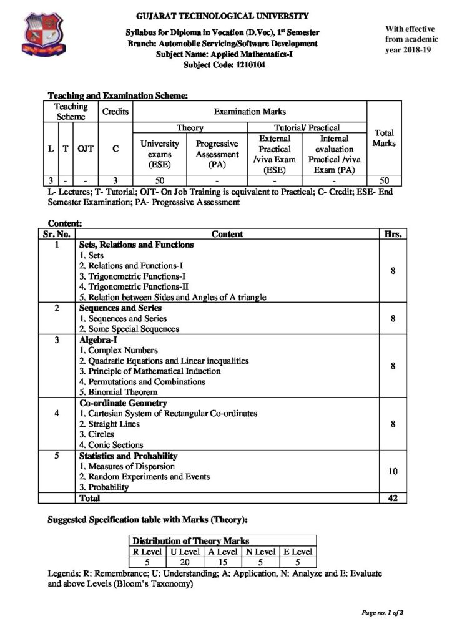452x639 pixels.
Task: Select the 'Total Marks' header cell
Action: pos(384,138)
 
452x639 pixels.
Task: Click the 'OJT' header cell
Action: pos(86,149)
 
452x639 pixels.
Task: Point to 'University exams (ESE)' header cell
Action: pos(160,154)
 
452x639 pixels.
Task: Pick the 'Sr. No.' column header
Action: pos(57,234)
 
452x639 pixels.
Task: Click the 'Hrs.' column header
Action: pos(394,234)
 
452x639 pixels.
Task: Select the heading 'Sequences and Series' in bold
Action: pos(116,308)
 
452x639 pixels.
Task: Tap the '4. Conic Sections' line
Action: pos(111,445)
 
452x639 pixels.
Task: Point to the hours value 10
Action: pos(393,471)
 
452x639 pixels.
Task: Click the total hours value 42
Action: pos(393,498)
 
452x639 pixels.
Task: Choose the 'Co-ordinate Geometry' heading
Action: pos(118,403)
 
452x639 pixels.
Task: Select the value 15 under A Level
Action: pos(222,562)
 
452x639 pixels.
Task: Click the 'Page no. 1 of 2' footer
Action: pos(382,612)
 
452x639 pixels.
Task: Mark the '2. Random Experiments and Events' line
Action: pos(144,477)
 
